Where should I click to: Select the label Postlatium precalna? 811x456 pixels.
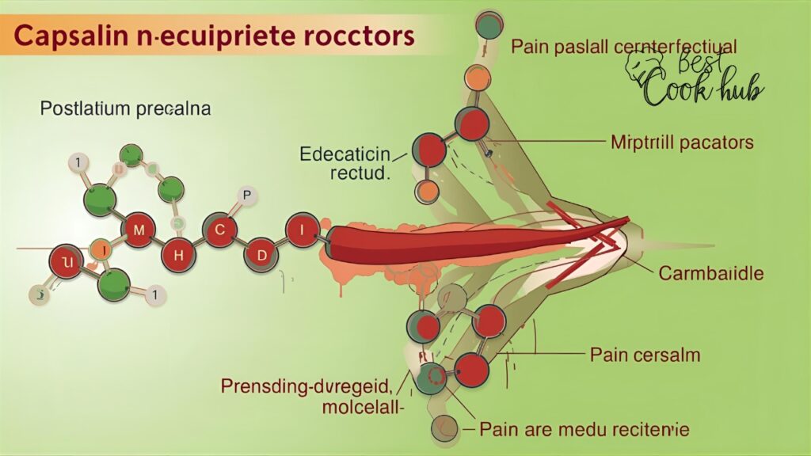tap(125, 109)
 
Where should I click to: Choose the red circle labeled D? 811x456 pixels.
tap(261, 256)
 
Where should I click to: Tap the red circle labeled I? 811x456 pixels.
tap(302, 230)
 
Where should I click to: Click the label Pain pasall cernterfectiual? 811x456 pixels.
tap(623, 47)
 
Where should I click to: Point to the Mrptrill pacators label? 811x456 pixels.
tap(681, 142)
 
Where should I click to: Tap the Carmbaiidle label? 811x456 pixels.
tap(711, 274)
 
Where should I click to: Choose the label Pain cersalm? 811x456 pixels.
tap(645, 355)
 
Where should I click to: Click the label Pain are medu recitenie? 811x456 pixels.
tap(584, 430)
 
